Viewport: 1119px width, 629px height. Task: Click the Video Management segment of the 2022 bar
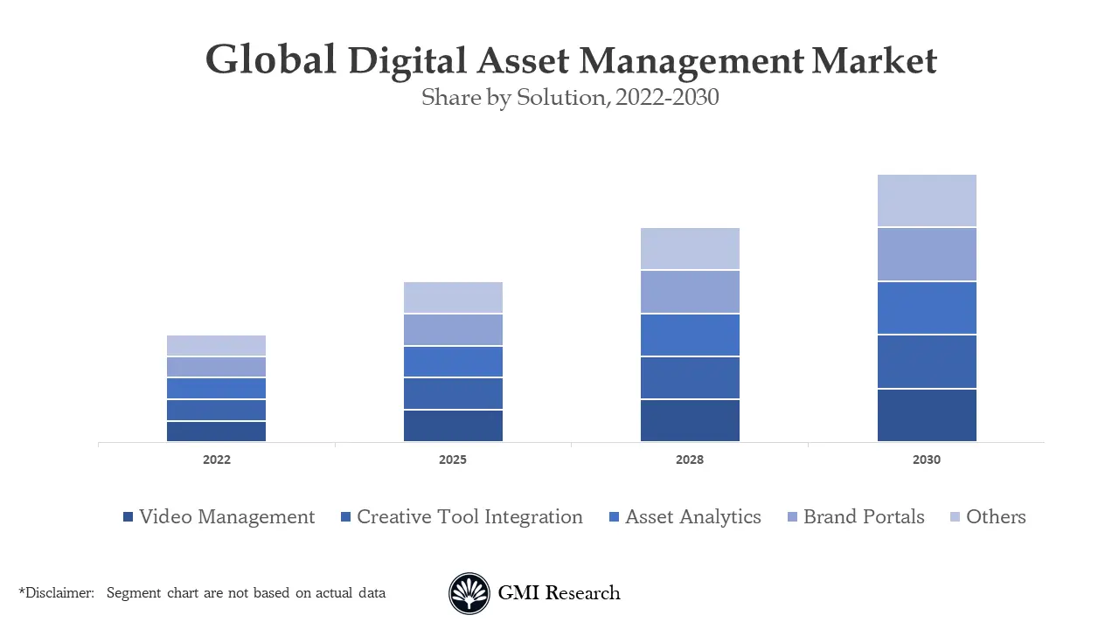[216, 432]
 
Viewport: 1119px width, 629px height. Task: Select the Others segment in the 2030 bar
[927, 201]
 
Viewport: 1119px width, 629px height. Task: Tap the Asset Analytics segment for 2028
[690, 335]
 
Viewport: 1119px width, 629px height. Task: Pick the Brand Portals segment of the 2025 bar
[453, 329]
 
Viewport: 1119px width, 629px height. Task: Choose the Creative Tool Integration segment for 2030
[927, 361]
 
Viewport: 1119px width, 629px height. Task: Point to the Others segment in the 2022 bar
[216, 345]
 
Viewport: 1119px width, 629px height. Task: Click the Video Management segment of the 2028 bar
[690, 420]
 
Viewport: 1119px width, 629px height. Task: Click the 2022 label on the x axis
[216, 460]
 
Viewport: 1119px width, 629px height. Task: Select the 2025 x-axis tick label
[453, 460]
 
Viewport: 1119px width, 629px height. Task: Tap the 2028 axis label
[690, 460]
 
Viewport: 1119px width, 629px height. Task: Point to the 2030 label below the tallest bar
[927, 460]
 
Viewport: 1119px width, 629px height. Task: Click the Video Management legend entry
[226, 517]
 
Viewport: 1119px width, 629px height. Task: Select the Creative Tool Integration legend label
[469, 517]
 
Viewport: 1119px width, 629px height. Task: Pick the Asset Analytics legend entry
[692, 517]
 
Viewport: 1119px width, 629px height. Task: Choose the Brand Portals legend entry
[864, 517]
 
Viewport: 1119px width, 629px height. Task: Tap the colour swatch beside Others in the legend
[955, 518]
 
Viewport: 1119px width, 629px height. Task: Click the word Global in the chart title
[270, 61]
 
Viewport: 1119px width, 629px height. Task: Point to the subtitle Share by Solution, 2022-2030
[570, 97]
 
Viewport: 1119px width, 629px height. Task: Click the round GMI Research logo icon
[469, 594]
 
